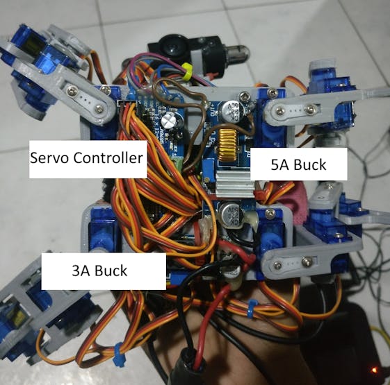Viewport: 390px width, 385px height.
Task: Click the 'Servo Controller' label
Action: coord(86,158)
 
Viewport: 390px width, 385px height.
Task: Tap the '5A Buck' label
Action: coord(298,165)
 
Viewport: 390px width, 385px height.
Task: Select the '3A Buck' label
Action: coord(99,271)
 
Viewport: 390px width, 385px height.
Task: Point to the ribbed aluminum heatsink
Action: coord(234,183)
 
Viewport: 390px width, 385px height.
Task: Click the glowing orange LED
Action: coord(373,370)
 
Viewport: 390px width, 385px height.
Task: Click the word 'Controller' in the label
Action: coord(108,158)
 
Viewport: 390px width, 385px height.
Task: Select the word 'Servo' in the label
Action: coord(50,158)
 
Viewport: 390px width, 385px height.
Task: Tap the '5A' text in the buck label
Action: coord(279,165)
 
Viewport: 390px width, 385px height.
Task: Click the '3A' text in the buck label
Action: coord(80,271)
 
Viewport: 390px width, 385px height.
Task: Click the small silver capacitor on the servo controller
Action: coord(169,120)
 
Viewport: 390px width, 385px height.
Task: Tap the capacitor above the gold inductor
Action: coord(231,109)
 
